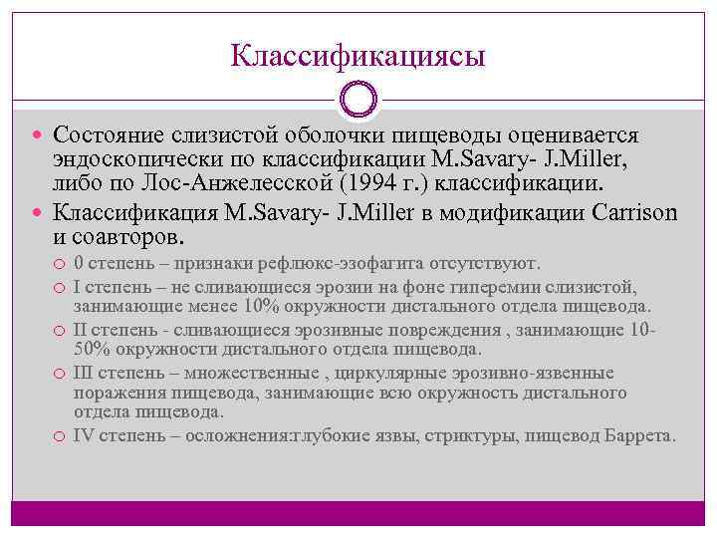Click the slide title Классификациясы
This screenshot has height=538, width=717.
(x=358, y=54)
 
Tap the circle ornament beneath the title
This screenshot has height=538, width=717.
(x=358, y=100)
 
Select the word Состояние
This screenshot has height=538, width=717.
(x=111, y=134)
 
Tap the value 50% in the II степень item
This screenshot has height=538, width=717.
(x=91, y=349)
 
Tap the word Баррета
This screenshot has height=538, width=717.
(x=639, y=435)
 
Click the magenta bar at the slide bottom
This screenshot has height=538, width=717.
(x=358, y=513)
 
